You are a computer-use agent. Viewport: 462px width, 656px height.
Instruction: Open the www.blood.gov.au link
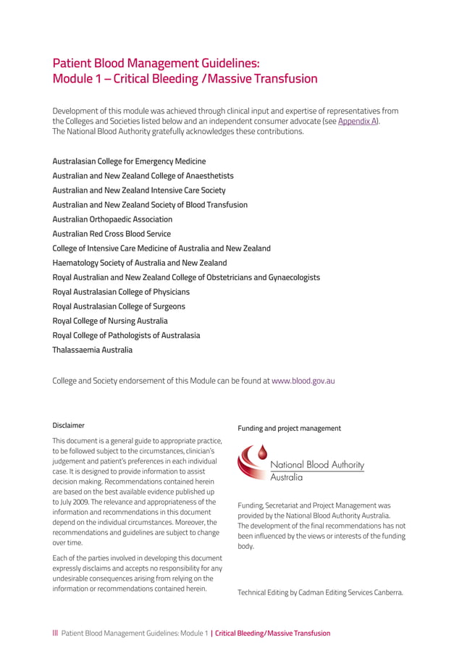tap(303, 380)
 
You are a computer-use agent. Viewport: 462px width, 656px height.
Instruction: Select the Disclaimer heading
tap(68, 426)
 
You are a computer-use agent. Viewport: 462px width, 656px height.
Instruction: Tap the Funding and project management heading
tap(289, 429)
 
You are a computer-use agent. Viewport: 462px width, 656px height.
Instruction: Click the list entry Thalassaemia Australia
tap(93, 350)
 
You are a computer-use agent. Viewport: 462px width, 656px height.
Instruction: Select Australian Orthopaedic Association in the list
tap(112, 219)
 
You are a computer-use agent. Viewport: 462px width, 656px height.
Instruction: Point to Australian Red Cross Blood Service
tap(112, 234)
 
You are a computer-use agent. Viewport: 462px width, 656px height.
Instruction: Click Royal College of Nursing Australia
tap(110, 321)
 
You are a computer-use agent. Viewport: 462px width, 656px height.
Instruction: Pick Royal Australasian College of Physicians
tap(121, 292)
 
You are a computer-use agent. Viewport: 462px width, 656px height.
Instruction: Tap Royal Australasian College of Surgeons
tap(119, 306)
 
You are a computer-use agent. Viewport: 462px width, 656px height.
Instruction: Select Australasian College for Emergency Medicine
tap(129, 161)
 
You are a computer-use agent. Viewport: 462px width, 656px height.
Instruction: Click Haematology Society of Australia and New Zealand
tap(140, 263)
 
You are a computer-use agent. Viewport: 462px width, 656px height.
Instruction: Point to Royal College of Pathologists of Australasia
tap(126, 335)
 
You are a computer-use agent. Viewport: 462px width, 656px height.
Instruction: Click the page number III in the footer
tap(55, 633)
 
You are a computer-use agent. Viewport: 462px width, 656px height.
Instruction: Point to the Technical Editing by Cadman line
tap(320, 592)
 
